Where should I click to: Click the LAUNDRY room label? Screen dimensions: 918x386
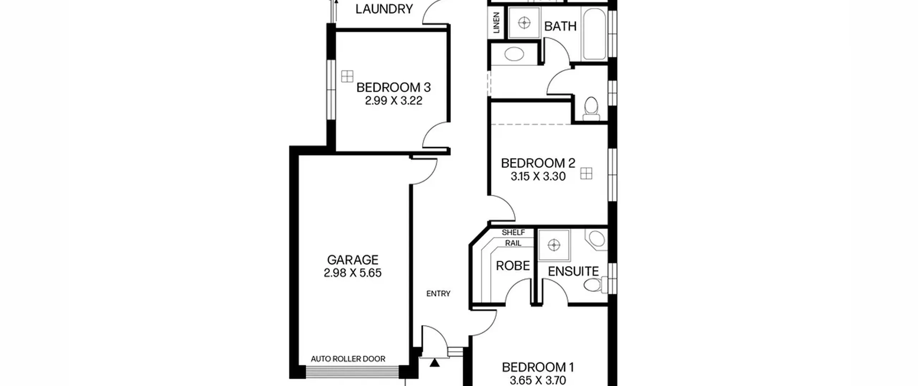pyautogui.click(x=384, y=9)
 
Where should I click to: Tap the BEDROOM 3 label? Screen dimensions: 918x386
pyautogui.click(x=393, y=87)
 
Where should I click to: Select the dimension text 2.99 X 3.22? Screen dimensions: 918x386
pyautogui.click(x=393, y=101)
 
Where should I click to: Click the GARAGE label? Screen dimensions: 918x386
pyautogui.click(x=352, y=260)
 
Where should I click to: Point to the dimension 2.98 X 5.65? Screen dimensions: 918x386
pyautogui.click(x=352, y=273)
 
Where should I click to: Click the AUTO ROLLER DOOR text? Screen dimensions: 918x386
pyautogui.click(x=348, y=359)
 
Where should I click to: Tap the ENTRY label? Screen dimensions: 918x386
pyautogui.click(x=438, y=294)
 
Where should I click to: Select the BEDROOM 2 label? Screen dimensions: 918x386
pyautogui.click(x=538, y=163)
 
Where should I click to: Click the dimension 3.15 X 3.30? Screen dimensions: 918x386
pyautogui.click(x=538, y=176)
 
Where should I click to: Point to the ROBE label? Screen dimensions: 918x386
pyautogui.click(x=513, y=266)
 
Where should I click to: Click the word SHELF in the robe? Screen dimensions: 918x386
pyautogui.click(x=513, y=232)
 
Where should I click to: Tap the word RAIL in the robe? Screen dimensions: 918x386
pyautogui.click(x=513, y=243)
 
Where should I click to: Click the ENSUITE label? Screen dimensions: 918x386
pyautogui.click(x=573, y=271)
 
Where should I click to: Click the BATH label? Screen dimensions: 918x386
pyautogui.click(x=560, y=26)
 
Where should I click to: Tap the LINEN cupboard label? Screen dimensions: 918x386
pyautogui.click(x=497, y=23)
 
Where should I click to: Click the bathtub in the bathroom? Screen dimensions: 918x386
pyautogui.click(x=594, y=34)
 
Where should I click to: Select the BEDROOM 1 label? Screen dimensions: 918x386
pyautogui.click(x=538, y=367)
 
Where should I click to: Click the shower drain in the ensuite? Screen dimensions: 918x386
pyautogui.click(x=554, y=245)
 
